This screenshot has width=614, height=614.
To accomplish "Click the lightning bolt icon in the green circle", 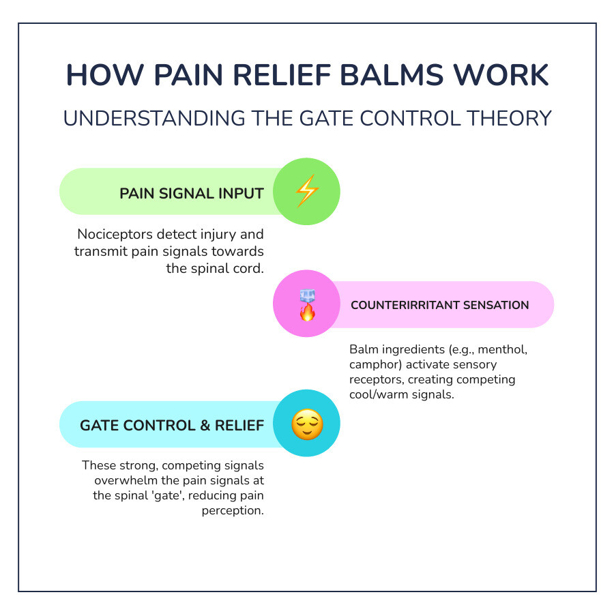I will pos(306,192).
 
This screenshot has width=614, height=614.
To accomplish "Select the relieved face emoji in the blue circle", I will pos(306,424).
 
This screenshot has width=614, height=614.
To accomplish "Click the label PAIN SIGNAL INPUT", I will pos(192,193).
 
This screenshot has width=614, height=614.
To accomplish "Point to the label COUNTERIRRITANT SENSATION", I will pos(439,305).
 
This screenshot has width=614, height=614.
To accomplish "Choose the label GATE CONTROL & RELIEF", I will pos(172,425).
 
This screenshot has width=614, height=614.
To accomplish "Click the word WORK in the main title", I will pos(507,76).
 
